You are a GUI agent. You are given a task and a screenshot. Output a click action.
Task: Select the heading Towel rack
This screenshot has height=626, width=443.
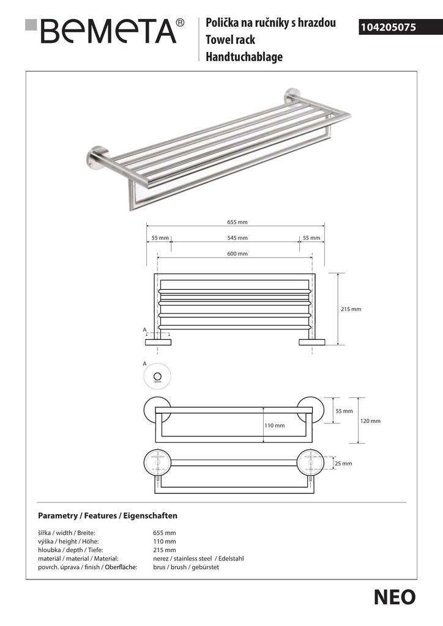click(x=230, y=40)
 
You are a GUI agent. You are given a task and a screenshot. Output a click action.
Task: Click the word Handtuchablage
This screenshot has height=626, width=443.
click(x=244, y=57)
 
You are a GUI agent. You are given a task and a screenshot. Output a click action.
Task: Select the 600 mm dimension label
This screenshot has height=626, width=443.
click(x=237, y=254)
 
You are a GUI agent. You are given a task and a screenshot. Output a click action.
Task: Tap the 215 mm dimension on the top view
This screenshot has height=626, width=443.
click(x=351, y=309)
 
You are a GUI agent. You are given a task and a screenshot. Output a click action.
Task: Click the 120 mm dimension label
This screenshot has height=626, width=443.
click(x=371, y=421)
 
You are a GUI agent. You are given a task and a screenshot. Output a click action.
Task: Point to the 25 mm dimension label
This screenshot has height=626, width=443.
click(x=343, y=464)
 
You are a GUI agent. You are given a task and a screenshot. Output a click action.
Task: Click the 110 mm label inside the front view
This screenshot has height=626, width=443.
click(x=275, y=425)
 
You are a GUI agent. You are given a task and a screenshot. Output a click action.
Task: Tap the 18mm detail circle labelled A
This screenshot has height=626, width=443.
click(x=157, y=376)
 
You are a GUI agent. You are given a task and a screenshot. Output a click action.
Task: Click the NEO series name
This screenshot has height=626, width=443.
click(x=394, y=597)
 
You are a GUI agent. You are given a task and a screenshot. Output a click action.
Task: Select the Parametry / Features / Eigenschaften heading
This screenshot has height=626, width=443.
click(x=107, y=515)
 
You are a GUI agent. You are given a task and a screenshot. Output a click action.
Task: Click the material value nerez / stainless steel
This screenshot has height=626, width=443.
click(x=198, y=559)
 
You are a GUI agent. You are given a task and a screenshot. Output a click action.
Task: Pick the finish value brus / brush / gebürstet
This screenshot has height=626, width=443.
click(x=186, y=567)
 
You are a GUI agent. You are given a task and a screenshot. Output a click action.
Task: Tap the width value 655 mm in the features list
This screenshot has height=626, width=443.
click(x=164, y=533)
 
